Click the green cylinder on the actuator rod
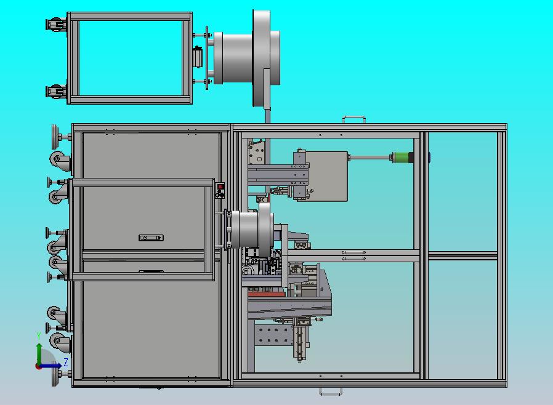tap(400, 157)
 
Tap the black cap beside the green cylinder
tap(411, 157)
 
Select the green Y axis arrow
tap(39, 354)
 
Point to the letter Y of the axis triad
tap(39, 336)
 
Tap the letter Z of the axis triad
tap(66, 362)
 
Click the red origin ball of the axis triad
tap(38, 367)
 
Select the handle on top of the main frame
tap(353, 119)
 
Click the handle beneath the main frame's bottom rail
tap(331, 391)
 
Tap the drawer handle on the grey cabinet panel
tap(151, 238)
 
